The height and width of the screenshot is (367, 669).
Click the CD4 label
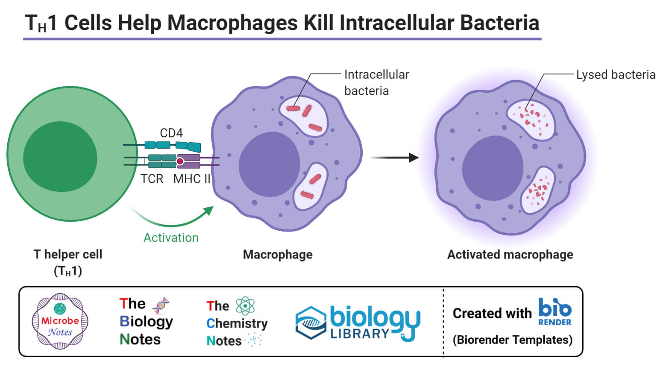pyautogui.click(x=171, y=133)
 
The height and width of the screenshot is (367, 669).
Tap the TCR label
pyautogui.click(x=152, y=179)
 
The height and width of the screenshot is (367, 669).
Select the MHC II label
pyautogui.click(x=192, y=179)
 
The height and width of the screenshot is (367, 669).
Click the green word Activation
pyautogui.click(x=171, y=238)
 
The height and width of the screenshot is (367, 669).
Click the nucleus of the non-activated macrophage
pyautogui.click(x=269, y=165)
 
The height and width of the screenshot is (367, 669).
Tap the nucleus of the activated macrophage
pyautogui.click(x=493, y=168)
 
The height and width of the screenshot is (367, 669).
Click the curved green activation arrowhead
pyautogui.click(x=208, y=211)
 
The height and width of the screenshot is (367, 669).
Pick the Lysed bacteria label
pyautogui.click(x=616, y=75)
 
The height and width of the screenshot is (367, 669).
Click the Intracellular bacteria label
pyautogui.click(x=376, y=82)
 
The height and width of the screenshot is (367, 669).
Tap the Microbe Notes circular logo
pyautogui.click(x=60, y=321)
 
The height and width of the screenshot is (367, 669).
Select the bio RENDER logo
pyautogui.click(x=555, y=312)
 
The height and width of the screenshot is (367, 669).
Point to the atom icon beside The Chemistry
pyautogui.click(x=245, y=306)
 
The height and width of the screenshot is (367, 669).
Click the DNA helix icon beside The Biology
pyautogui.click(x=161, y=305)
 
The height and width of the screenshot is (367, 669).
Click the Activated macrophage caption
pyautogui.click(x=510, y=255)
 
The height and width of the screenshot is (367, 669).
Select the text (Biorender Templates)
pyautogui.click(x=512, y=340)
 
